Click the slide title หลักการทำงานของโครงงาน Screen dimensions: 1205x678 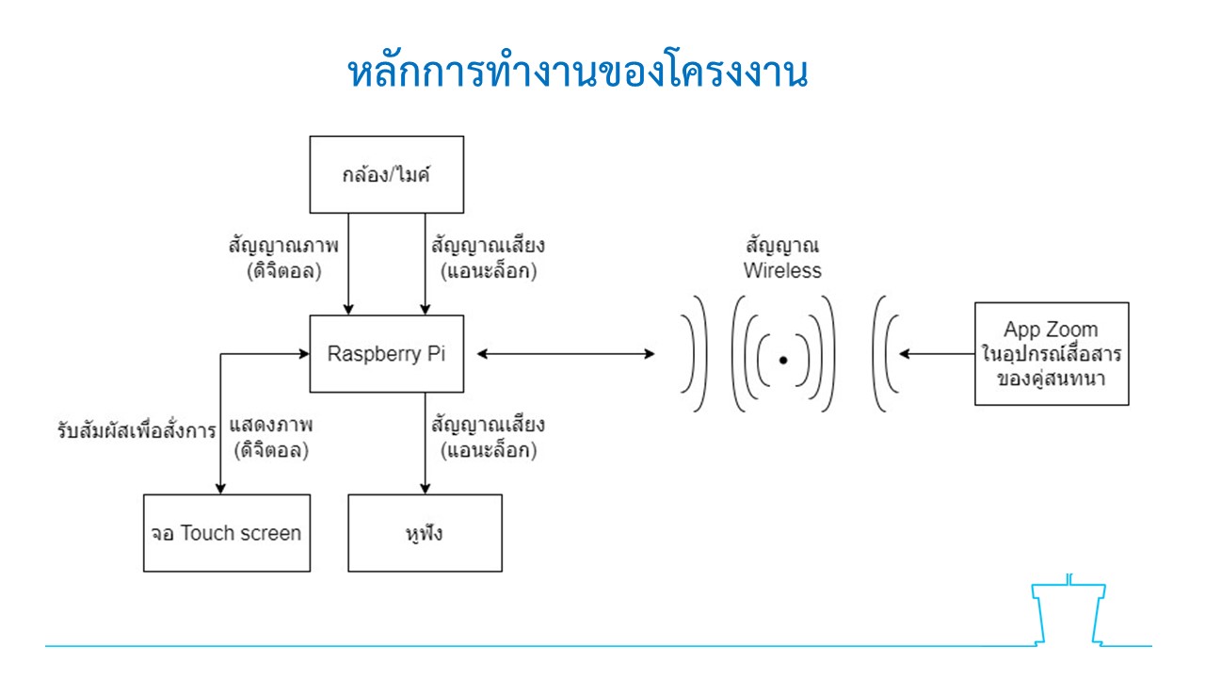(578, 72)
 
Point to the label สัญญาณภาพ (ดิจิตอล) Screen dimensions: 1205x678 (283, 258)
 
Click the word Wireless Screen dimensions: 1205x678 (782, 270)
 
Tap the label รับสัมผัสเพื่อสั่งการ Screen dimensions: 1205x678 (137, 430)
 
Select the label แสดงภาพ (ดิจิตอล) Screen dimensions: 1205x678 (271, 437)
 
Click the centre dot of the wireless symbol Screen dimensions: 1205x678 (783, 360)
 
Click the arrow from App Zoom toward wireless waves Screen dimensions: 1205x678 (937, 353)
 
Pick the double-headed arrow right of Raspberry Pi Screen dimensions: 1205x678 (566, 353)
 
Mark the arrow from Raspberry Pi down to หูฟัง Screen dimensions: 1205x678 (425, 443)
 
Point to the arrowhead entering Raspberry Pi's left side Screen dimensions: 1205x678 (304, 353)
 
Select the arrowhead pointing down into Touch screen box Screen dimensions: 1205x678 (220, 488)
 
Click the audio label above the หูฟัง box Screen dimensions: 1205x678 (488, 437)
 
